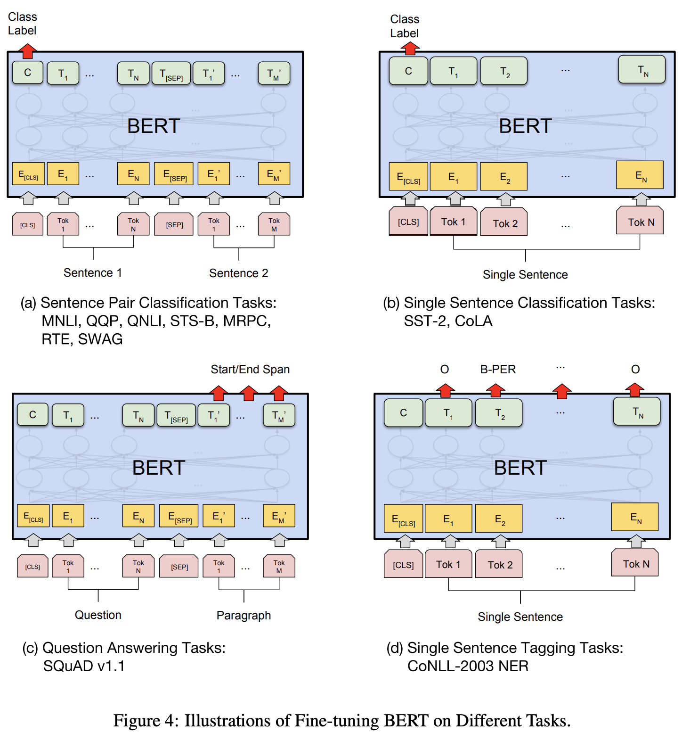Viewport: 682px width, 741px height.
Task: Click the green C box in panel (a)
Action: point(28,73)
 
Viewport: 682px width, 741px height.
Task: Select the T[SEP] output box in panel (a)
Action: point(171,74)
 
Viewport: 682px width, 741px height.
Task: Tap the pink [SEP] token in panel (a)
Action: point(174,224)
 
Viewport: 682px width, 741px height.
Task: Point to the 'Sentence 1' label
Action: point(93,273)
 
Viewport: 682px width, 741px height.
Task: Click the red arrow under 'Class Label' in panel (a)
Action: point(28,50)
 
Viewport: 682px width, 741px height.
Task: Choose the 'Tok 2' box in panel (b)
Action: point(505,223)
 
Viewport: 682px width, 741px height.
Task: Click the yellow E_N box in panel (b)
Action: point(641,175)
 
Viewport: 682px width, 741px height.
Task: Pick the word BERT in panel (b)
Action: point(525,126)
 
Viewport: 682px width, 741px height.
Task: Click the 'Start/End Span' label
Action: point(250,370)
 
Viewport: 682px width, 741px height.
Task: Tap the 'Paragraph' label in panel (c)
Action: point(244,615)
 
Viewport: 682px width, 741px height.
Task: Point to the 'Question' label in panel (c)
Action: point(98,615)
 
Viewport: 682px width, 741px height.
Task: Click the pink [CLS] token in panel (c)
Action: point(32,567)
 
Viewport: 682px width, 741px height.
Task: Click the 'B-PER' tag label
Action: point(498,370)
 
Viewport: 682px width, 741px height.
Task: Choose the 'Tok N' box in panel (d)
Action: point(635,563)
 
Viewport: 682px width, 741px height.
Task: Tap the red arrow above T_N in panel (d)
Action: point(634,389)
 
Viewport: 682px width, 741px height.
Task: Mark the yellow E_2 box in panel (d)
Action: point(499,519)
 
